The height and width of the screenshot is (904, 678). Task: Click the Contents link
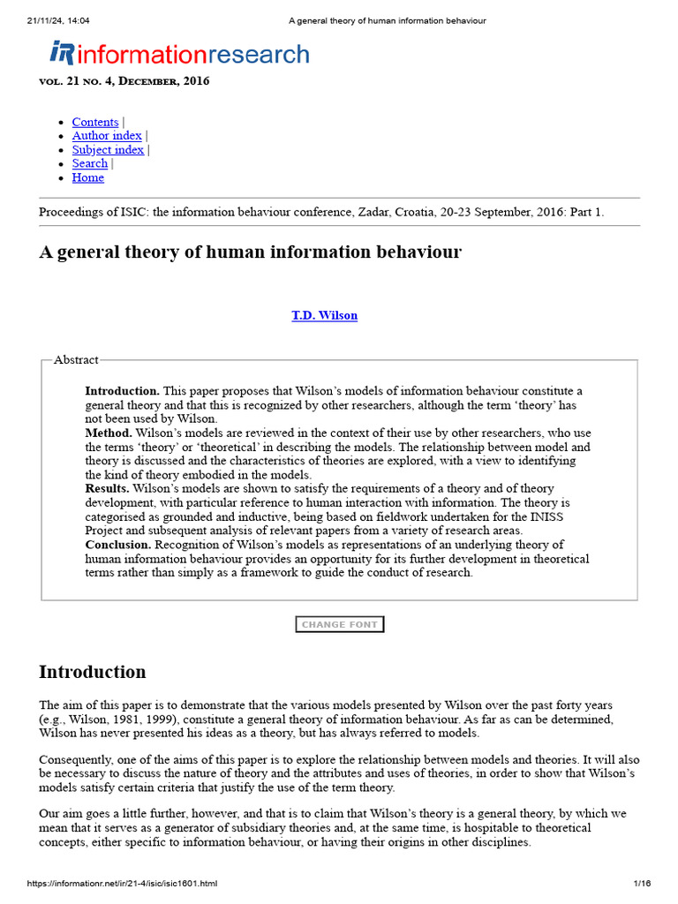pos(95,122)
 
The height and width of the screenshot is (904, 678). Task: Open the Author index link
pos(107,136)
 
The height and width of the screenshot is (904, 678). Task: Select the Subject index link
pos(108,150)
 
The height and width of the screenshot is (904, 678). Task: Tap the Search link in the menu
pos(90,163)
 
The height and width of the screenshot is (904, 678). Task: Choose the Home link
pos(88,177)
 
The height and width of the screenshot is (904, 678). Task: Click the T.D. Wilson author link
pos(325,315)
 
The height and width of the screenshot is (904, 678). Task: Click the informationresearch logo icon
pos(62,54)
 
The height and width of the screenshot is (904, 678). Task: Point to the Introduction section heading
pos(93,672)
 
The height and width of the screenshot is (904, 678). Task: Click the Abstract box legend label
pos(76,359)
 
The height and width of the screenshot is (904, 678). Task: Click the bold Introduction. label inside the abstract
pos(122,390)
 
